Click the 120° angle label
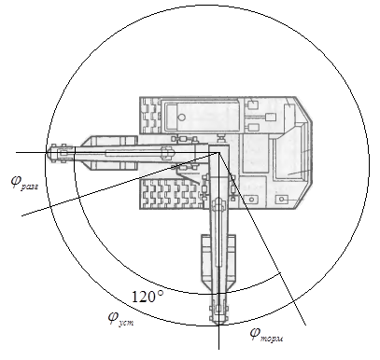coord(148,297)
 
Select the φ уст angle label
coord(121,318)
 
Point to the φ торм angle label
coord(267,335)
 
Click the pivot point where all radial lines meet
coord(219,152)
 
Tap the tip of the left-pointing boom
coord(48,152)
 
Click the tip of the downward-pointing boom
coord(218,325)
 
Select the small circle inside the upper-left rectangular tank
coord(181,118)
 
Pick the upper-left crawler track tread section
coord(151,114)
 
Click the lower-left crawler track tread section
coord(170,193)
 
